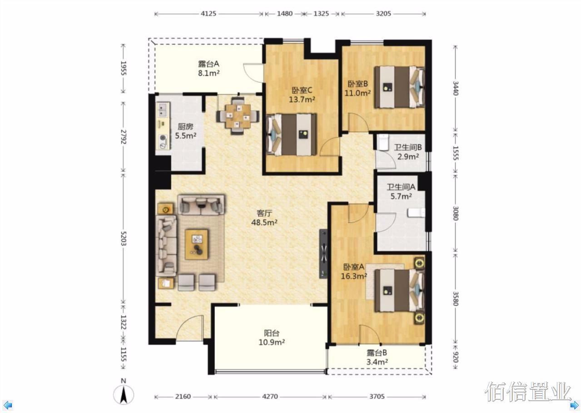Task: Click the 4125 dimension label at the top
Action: tap(208, 14)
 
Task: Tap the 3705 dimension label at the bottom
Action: tap(377, 396)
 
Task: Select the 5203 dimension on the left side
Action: tap(123, 238)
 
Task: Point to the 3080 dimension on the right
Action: tap(455, 213)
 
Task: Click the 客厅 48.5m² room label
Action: tap(264, 217)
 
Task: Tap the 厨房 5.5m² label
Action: tap(185, 131)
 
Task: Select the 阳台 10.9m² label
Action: tap(272, 338)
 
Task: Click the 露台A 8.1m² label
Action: tap(209, 68)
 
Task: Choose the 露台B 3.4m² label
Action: tap(377, 357)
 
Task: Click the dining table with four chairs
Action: tap(238, 116)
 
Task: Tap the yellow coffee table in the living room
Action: tap(196, 244)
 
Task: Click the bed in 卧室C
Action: tap(291, 134)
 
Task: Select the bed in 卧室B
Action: tap(399, 87)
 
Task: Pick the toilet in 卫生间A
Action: tap(416, 213)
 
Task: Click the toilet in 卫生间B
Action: tap(382, 142)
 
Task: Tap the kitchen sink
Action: tap(163, 110)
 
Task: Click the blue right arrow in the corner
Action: tap(574, 405)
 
